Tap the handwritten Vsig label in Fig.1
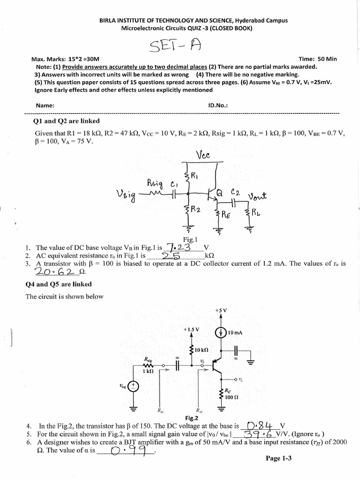(x=125, y=194)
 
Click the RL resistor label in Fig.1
(x=256, y=213)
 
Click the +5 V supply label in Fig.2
(x=221, y=310)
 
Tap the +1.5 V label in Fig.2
(x=191, y=330)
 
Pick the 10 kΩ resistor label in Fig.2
(x=202, y=350)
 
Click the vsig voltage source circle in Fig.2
(x=134, y=386)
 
